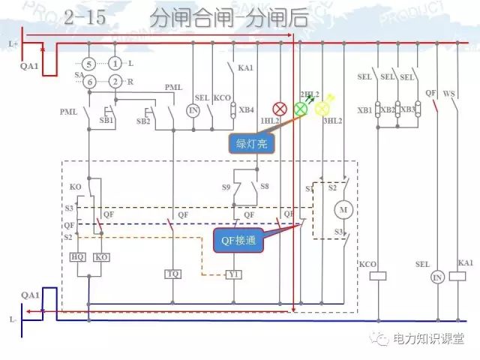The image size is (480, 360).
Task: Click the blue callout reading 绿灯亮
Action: [250, 142]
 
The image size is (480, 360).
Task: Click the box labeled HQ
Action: [77, 257]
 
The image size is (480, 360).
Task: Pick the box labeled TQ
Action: [173, 274]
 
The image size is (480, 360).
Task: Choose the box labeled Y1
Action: [234, 274]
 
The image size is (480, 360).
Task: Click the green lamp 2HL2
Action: [300, 109]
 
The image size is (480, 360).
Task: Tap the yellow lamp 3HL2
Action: [322, 109]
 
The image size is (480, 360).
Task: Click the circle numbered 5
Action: [88, 63]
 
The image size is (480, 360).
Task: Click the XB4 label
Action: [246, 110]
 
